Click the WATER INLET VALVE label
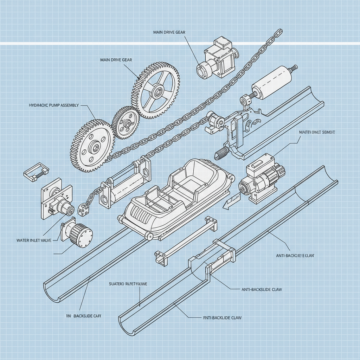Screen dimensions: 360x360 [34, 240]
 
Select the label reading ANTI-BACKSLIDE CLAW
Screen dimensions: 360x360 [262, 289]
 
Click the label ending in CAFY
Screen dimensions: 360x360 [84, 316]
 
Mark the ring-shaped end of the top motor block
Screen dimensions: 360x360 [203, 70]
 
